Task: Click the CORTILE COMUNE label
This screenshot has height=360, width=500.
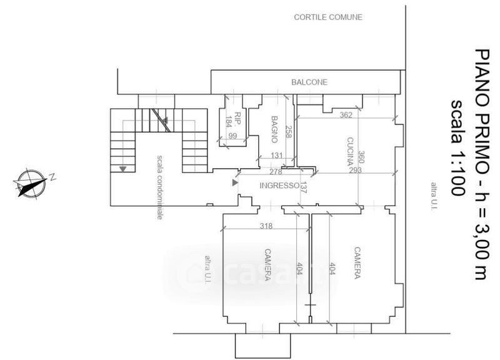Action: click(x=328, y=17)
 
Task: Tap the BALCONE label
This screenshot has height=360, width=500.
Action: click(x=309, y=82)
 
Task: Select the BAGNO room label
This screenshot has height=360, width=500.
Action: click(x=274, y=129)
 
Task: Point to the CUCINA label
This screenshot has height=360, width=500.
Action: click(x=350, y=151)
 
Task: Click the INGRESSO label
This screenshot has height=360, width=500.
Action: click(x=279, y=186)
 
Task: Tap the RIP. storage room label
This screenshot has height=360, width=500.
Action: click(x=237, y=118)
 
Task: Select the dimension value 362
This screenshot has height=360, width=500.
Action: click(x=346, y=115)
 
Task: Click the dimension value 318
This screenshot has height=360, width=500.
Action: click(x=266, y=226)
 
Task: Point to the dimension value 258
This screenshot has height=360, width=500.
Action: click(x=288, y=132)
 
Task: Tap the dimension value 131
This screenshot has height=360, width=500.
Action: click(x=277, y=155)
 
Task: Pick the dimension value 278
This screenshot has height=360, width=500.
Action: click(x=276, y=172)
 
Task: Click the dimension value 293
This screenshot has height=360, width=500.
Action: click(x=355, y=170)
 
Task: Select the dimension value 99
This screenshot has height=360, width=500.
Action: click(x=232, y=136)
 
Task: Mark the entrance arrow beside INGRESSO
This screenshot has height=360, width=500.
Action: click(x=235, y=182)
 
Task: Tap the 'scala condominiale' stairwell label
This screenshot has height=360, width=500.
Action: click(x=160, y=187)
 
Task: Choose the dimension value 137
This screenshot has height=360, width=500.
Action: click(x=303, y=187)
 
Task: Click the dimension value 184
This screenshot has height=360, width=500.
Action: click(x=228, y=121)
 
